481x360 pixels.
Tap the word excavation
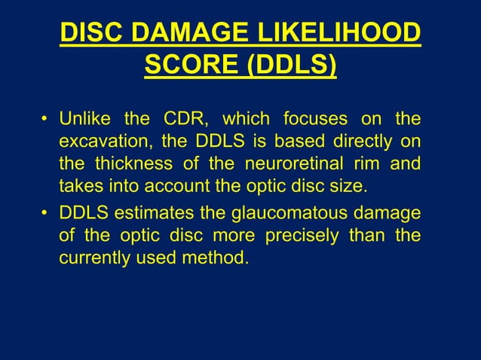point(103,141)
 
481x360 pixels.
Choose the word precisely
point(304,238)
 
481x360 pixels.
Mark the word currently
point(94,259)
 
